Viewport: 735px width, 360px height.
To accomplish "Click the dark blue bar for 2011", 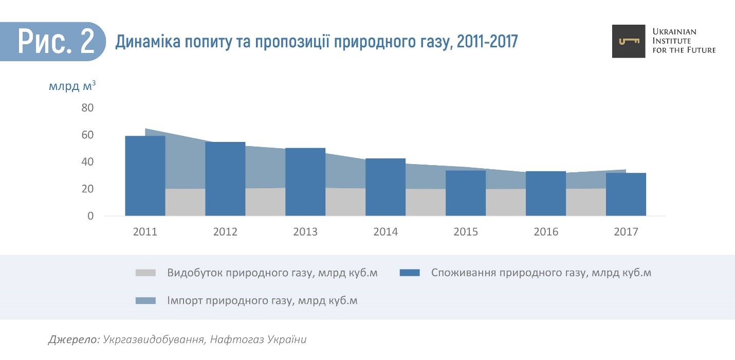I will tap(145, 175).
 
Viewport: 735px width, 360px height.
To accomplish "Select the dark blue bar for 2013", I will tap(305, 182).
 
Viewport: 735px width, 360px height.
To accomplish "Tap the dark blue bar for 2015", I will tap(466, 193).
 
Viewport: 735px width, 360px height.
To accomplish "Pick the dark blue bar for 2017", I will tap(626, 194).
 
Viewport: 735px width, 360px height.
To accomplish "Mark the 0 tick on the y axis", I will tap(90, 216).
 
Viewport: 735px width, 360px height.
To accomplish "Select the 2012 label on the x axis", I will tap(225, 232).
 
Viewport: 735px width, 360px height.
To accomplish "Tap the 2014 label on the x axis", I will tap(385, 232).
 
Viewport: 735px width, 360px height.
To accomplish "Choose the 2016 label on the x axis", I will tap(546, 232).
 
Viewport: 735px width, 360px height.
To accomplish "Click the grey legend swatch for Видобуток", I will tap(145, 273).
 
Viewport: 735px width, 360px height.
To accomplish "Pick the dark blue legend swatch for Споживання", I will tap(410, 273).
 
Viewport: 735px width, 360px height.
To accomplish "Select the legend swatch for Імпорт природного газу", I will tap(145, 301).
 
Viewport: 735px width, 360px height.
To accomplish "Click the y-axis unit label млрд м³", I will tap(72, 86).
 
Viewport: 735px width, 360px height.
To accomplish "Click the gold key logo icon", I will tap(628, 41).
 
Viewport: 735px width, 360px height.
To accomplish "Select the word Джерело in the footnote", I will tap(73, 339).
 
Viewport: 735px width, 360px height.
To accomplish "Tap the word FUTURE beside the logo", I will tap(698, 50).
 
